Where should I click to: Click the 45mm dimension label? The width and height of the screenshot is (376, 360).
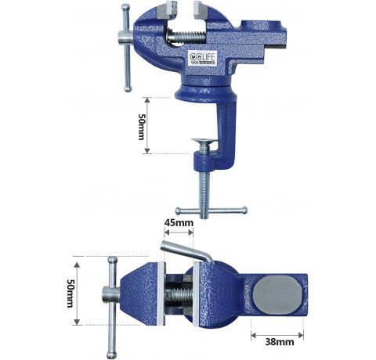point(179,223)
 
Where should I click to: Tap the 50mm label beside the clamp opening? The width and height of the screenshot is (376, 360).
point(142,125)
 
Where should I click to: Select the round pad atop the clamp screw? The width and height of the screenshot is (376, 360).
point(202,142)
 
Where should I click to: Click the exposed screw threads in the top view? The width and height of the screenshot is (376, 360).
point(179,297)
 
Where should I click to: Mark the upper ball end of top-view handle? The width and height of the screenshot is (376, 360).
point(114,260)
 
